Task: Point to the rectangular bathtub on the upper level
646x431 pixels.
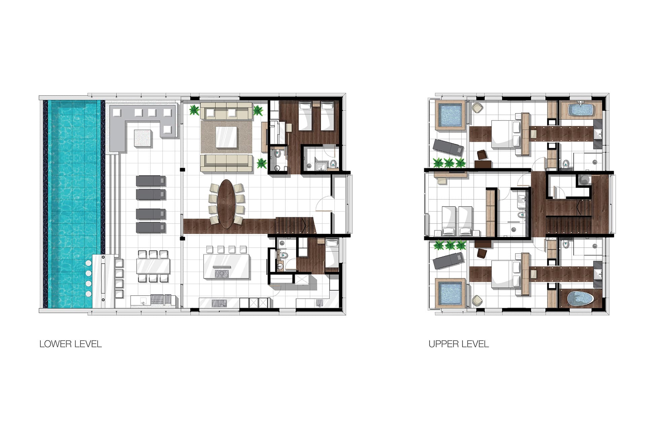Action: pos(580,109)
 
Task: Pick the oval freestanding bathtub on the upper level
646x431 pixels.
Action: pos(580,298)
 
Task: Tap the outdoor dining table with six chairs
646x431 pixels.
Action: pos(153,266)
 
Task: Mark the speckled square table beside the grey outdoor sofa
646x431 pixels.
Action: pos(143,138)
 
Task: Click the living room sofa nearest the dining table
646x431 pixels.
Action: pos(226,163)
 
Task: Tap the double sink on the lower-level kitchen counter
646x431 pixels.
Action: pos(219,303)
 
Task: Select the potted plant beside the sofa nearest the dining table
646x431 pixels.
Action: pos(262,163)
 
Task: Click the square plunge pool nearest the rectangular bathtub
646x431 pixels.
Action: pos(450,115)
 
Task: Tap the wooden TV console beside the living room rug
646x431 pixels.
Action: pos(264,137)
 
